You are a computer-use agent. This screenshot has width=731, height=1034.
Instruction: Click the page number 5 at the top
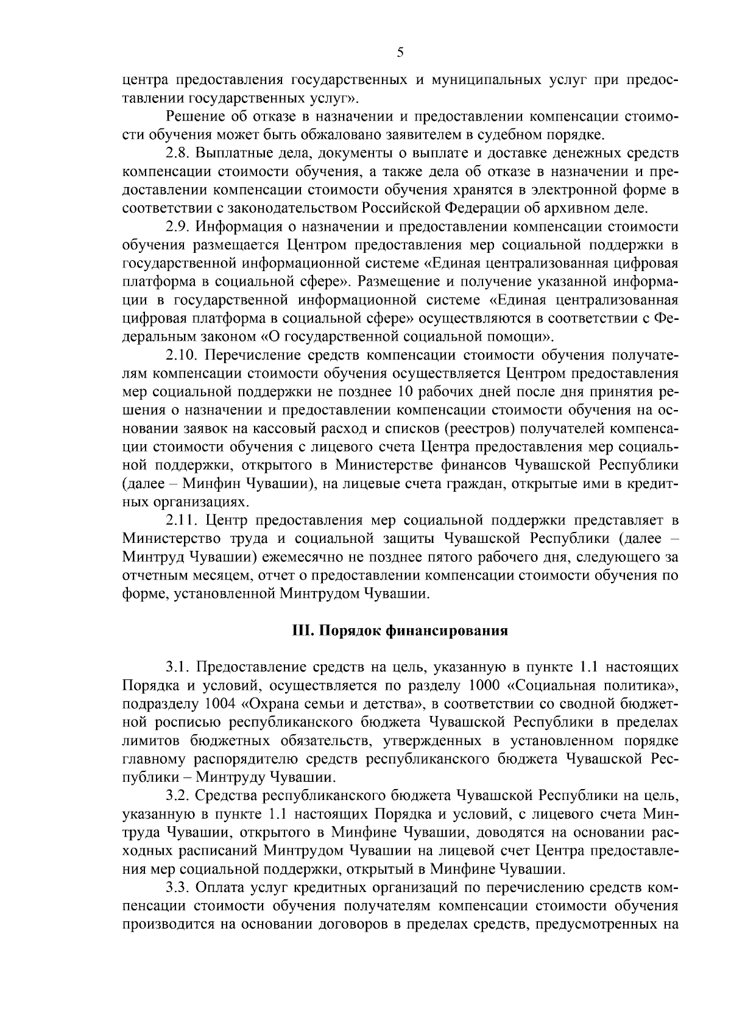coord(400,52)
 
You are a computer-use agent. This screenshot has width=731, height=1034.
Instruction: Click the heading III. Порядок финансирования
coord(398,631)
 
